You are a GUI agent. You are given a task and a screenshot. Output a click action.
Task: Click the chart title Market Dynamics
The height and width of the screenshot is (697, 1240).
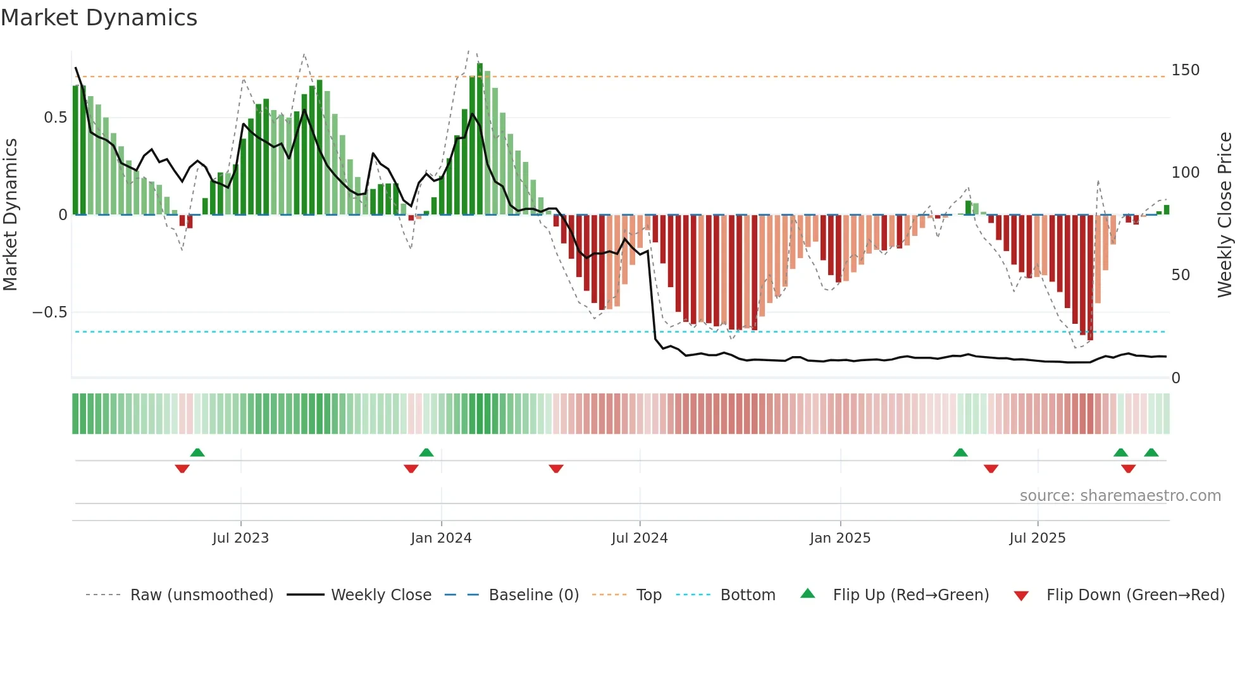[99, 18]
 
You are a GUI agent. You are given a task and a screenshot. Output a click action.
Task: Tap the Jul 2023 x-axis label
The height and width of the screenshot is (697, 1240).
[240, 538]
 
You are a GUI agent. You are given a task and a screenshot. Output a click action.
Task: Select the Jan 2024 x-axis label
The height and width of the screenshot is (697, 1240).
[441, 538]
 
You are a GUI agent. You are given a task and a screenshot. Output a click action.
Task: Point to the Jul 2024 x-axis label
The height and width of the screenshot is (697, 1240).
[640, 538]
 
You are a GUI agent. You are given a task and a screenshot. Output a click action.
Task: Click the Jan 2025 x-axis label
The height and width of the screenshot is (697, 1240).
[840, 538]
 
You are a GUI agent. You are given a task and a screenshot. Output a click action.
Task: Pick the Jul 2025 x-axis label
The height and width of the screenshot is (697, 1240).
[1038, 538]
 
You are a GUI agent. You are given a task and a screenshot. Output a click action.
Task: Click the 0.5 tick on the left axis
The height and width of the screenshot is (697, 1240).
[55, 118]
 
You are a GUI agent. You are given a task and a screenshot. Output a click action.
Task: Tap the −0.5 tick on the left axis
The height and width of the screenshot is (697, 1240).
[49, 312]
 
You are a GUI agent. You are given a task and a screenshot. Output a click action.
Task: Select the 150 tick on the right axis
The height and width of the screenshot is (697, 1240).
[1185, 70]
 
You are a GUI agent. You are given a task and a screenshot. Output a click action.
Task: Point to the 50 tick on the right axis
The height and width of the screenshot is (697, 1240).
[1181, 275]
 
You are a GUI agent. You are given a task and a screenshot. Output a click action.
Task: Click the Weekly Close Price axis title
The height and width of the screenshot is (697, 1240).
[1225, 214]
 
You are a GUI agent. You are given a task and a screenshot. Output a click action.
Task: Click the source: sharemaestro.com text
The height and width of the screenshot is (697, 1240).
[1120, 496]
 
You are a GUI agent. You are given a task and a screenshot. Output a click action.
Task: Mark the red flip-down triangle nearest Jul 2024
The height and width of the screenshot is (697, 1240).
[556, 469]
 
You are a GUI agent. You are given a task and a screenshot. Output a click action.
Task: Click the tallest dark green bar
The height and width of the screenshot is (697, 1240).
[480, 139]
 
